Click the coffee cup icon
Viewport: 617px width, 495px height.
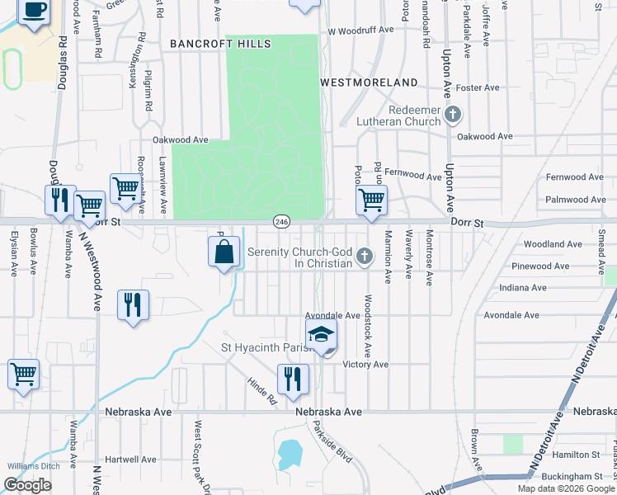click(33, 11)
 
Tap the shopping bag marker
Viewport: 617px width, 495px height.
click(224, 252)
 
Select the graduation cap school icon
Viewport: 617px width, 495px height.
click(322, 334)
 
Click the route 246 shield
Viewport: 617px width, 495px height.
click(282, 222)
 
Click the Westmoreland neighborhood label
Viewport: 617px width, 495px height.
click(368, 82)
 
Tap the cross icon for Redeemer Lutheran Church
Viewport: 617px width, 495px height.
click(452, 114)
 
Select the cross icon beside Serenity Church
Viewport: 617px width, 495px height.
click(363, 258)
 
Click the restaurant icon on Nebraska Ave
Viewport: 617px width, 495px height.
click(292, 379)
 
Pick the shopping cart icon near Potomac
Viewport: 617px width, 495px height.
click(371, 199)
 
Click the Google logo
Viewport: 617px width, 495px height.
click(28, 485)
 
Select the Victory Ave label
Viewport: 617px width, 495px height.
click(365, 365)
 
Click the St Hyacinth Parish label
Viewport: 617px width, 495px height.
click(264, 347)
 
